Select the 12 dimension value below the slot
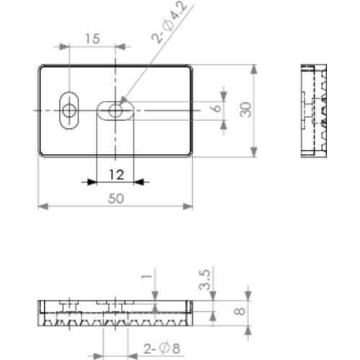(x=117, y=174)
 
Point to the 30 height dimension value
(x=246, y=110)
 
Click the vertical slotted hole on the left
(x=69, y=111)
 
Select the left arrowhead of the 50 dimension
(x=42, y=207)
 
